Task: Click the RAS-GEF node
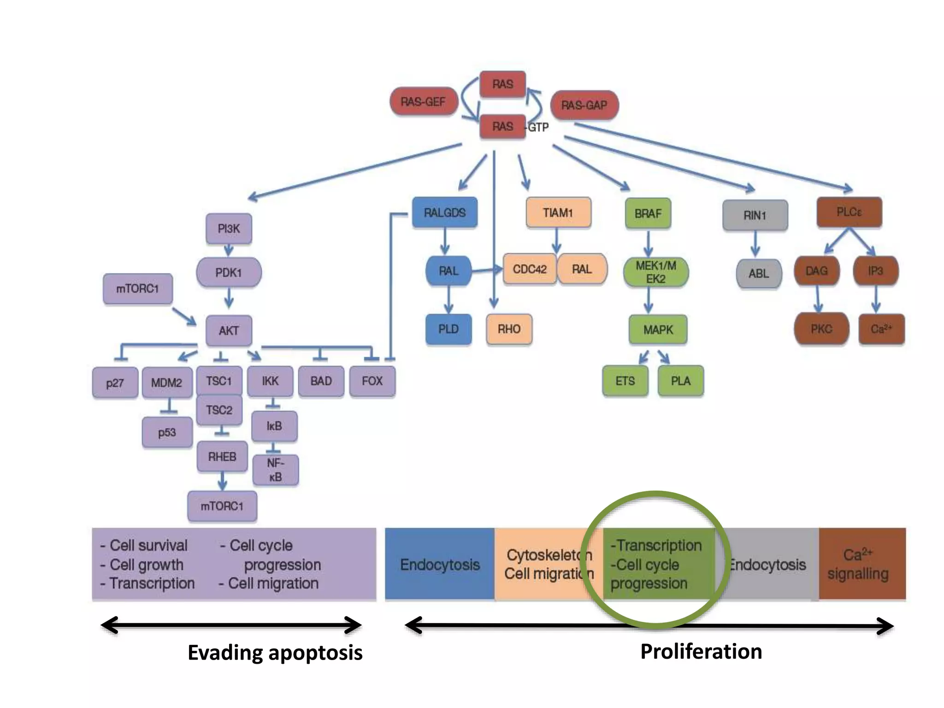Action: (x=423, y=102)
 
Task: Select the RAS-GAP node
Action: (x=584, y=106)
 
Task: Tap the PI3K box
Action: (x=229, y=229)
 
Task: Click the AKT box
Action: (x=229, y=330)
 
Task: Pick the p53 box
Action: (x=167, y=432)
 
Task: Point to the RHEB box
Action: (x=222, y=457)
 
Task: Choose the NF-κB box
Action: (x=275, y=470)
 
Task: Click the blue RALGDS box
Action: (x=444, y=212)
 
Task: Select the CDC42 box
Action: (x=529, y=269)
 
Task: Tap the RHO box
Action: (x=509, y=329)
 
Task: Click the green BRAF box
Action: (x=648, y=213)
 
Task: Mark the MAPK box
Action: (x=658, y=330)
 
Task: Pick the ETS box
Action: (x=625, y=381)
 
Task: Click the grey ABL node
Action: (x=759, y=273)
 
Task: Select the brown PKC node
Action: (x=821, y=329)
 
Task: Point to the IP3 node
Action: (x=875, y=271)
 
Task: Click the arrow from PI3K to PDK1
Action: (x=229, y=251)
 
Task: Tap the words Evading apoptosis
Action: (x=275, y=653)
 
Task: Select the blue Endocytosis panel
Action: (x=440, y=564)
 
